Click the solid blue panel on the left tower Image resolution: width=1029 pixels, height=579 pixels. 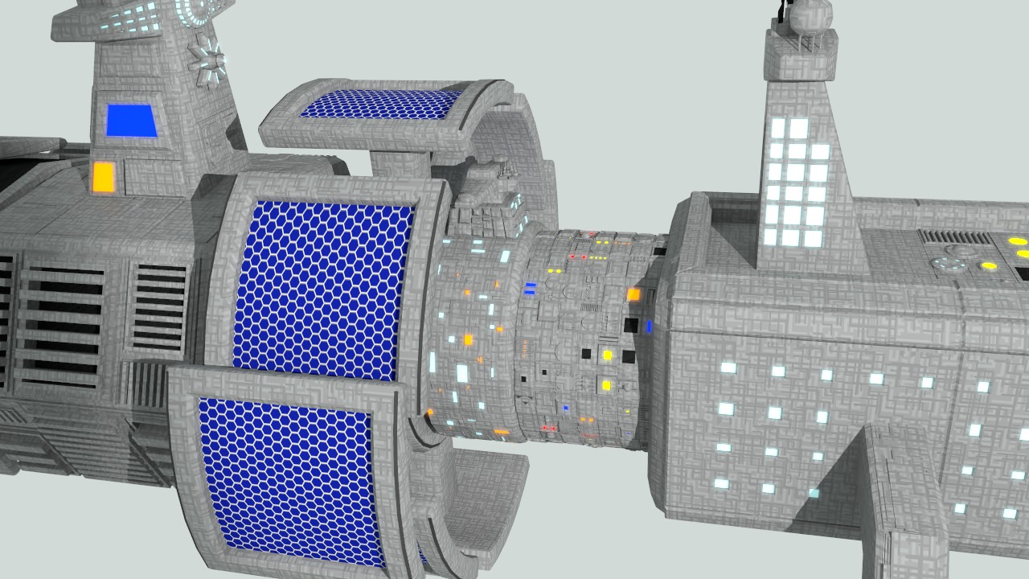pyautogui.click(x=132, y=121)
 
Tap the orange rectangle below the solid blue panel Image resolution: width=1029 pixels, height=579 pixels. pyautogui.click(x=103, y=177)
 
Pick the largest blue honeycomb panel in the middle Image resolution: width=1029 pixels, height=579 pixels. pyautogui.click(x=322, y=289)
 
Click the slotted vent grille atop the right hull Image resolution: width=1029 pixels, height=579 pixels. pyautogui.click(x=956, y=237)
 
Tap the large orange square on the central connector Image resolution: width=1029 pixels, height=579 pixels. pyautogui.click(x=633, y=295)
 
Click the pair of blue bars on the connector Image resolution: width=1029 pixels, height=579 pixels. pyautogui.click(x=530, y=287)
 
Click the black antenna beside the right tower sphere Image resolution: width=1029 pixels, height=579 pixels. pyautogui.click(x=781, y=10)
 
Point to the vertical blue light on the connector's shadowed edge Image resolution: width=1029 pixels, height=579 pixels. pyautogui.click(x=650, y=326)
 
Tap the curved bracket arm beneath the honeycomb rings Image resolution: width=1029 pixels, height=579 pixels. pyautogui.click(x=482, y=499)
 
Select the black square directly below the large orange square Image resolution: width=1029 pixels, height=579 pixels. pyautogui.click(x=632, y=325)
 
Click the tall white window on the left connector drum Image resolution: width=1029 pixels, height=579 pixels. pyautogui.click(x=462, y=373)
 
